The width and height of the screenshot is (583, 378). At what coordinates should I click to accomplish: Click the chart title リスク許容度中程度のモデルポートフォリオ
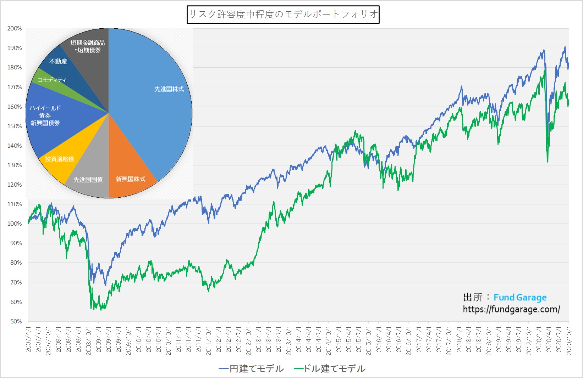coord(283,15)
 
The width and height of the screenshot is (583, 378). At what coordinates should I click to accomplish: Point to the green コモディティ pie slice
coord(51,80)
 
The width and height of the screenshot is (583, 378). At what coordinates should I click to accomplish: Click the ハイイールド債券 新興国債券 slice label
coord(45,115)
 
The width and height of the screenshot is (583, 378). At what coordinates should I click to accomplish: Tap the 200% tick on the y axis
coord(15,29)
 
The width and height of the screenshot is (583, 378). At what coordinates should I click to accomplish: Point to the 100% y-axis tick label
coord(15,224)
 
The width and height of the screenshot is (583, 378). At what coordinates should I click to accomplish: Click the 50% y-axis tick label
coord(16,321)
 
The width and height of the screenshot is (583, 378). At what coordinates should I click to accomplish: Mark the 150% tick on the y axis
coord(15,126)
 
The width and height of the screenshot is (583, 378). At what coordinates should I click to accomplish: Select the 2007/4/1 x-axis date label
coord(28,339)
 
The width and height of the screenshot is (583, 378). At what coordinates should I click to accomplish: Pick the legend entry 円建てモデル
coord(252,369)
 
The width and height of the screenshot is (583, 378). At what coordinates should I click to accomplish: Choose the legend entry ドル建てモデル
coord(330,369)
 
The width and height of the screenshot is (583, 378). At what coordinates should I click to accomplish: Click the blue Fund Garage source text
coord(520,298)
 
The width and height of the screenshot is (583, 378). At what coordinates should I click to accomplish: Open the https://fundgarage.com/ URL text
coord(511,309)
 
